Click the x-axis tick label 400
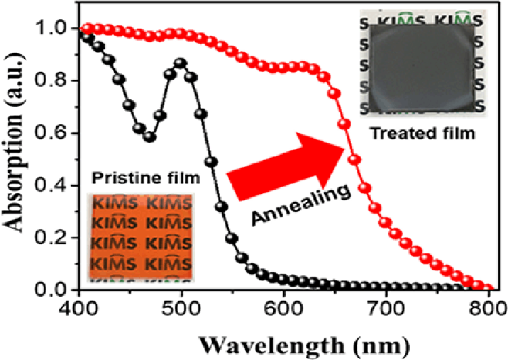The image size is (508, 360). point(80,308)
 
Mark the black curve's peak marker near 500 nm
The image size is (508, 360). point(181,64)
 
